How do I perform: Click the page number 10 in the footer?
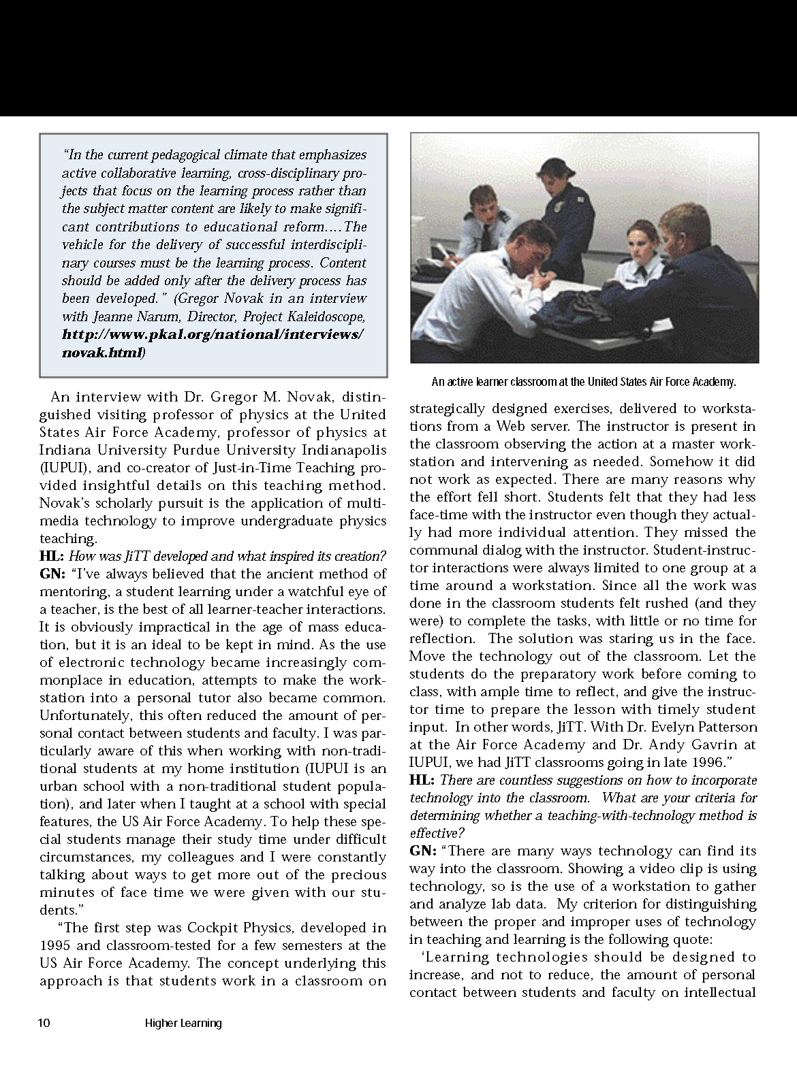[x=44, y=1023]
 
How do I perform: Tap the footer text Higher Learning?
[x=183, y=1023]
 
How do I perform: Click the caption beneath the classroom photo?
[x=584, y=382]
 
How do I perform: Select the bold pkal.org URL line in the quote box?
[x=213, y=335]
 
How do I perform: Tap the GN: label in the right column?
[x=423, y=851]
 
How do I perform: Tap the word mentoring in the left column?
[x=69, y=592]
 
